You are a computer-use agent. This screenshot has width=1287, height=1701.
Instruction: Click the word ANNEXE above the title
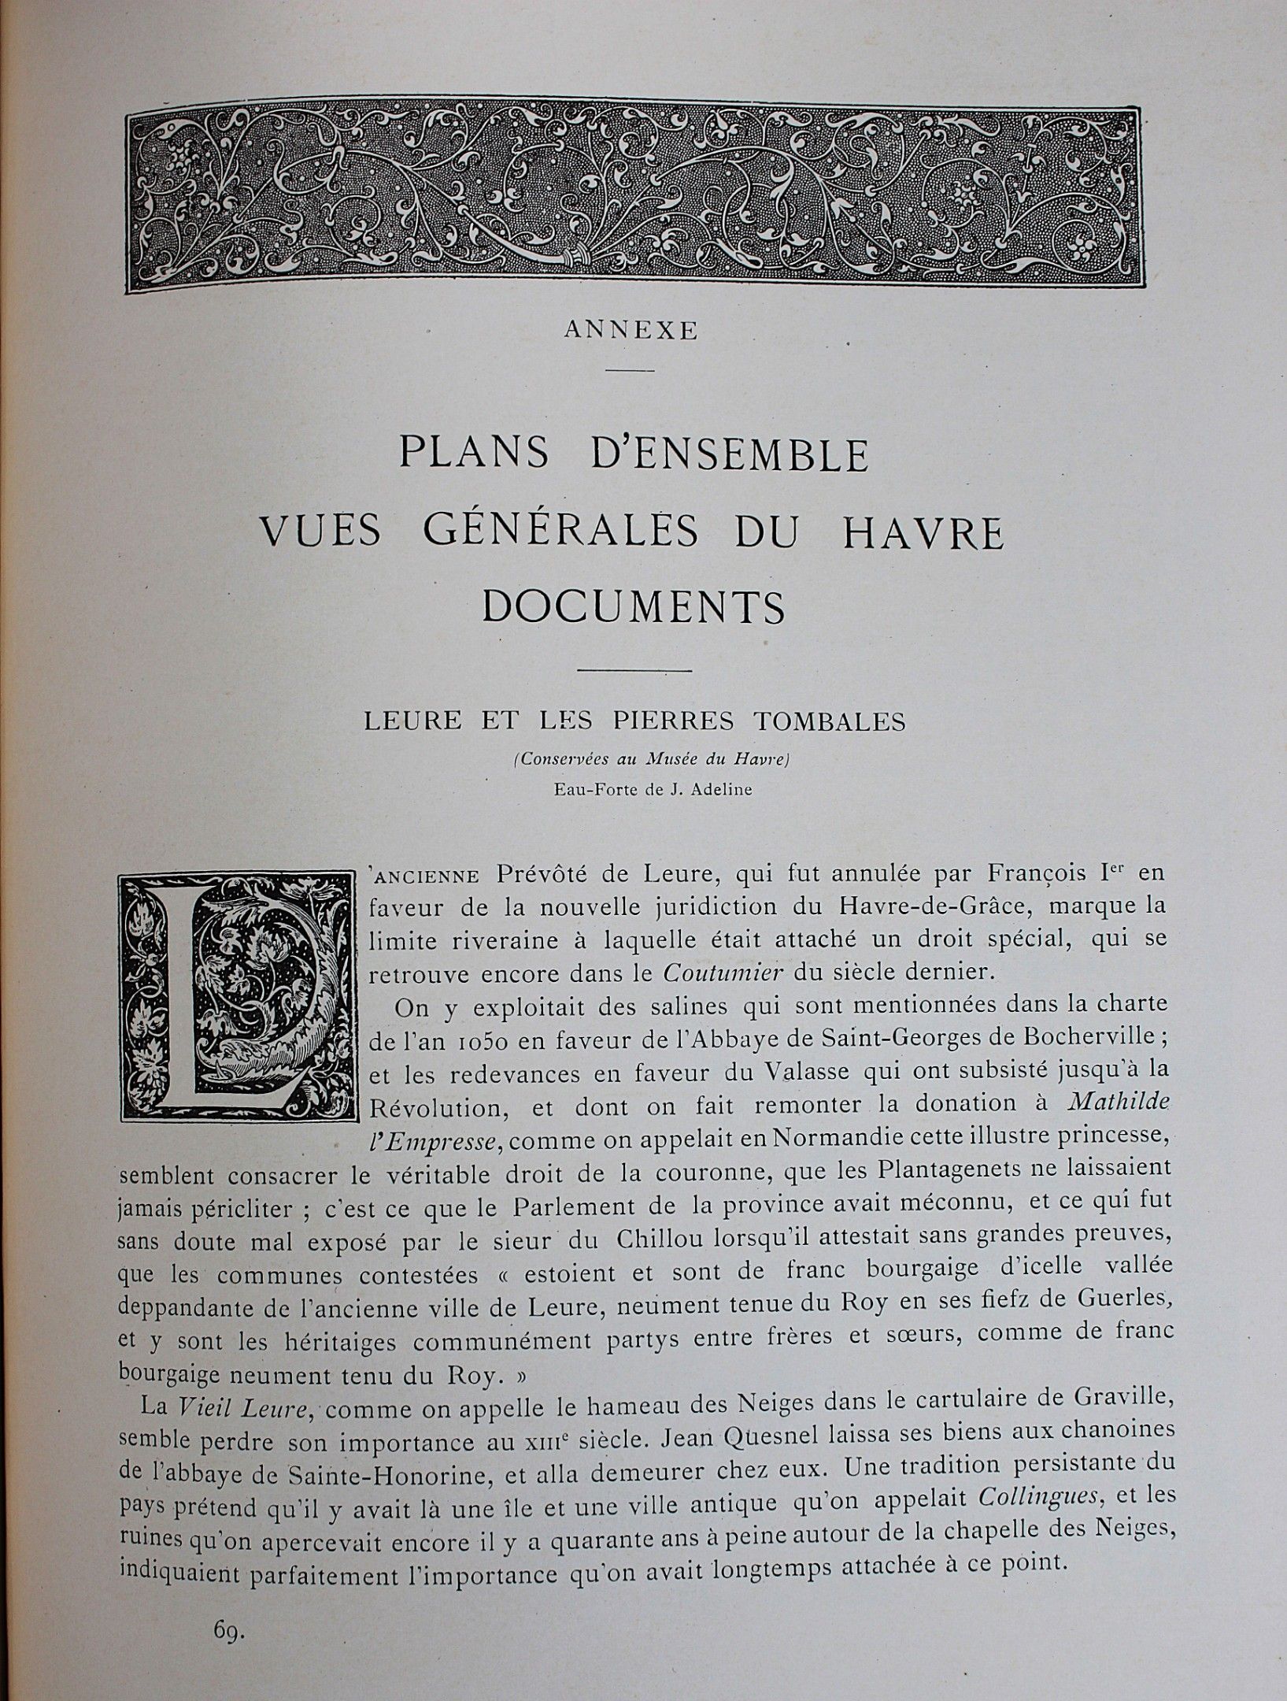tap(631, 332)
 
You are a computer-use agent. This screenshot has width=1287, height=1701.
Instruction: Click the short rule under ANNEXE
tap(631, 370)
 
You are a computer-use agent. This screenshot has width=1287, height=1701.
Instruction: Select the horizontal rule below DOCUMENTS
tap(634, 670)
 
